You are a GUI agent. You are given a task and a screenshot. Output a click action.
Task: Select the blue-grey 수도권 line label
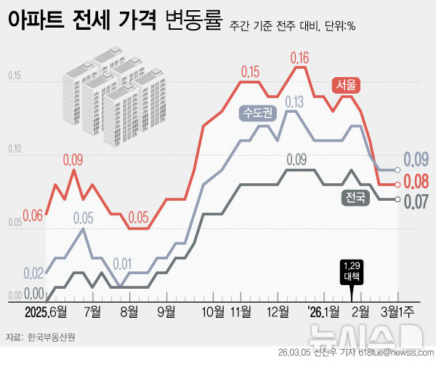[254, 113]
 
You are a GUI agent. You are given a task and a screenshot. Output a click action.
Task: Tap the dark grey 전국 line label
[354, 196]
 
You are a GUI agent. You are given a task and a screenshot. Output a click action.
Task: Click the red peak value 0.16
[299, 57]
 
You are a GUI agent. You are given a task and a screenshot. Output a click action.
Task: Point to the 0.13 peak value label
[294, 103]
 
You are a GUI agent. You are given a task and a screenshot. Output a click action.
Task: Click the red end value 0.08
[416, 180]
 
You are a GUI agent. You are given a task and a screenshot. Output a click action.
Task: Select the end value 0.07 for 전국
[416, 201]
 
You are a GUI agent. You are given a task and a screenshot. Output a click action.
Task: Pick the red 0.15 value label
[250, 71]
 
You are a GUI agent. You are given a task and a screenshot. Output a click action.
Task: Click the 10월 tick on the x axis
[212, 313]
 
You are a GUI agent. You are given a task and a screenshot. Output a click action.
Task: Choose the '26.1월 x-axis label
[322, 313]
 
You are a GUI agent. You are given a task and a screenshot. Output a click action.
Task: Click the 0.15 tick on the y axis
[15, 76]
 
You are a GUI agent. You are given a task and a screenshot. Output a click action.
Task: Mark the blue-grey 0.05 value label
[83, 217]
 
